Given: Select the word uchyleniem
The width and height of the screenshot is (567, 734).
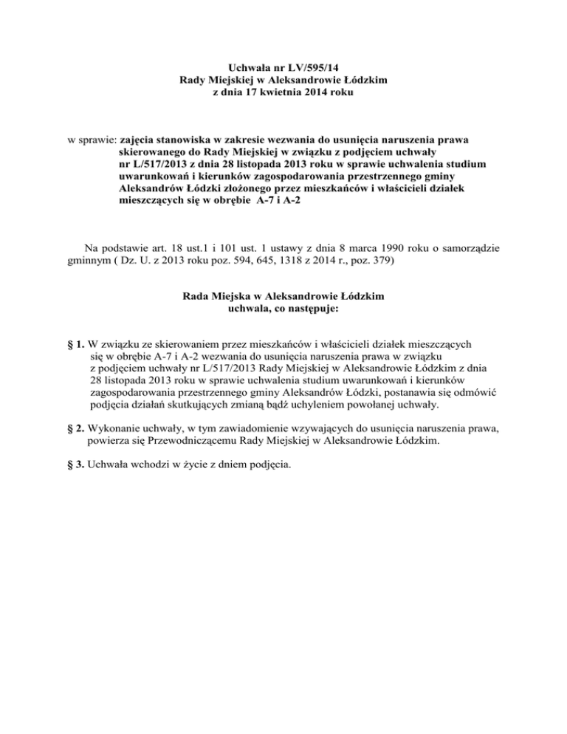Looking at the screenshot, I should tap(340, 405).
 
